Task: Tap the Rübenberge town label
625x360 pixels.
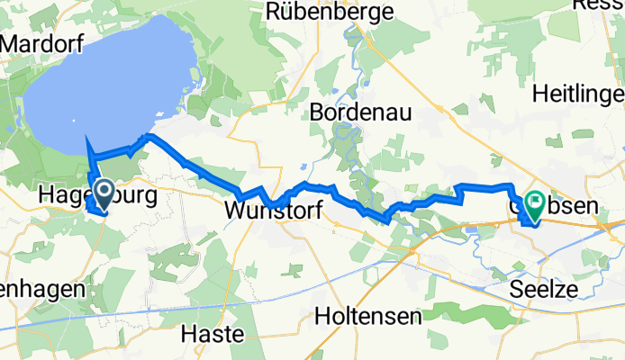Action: pyautogui.click(x=331, y=12)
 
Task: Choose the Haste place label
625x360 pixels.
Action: pyautogui.click(x=213, y=334)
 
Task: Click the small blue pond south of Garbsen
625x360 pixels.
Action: pyautogui.click(x=475, y=232)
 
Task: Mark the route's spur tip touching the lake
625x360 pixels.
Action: pyautogui.click(x=86, y=136)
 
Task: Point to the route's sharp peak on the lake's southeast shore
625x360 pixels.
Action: pyautogui.click(x=149, y=135)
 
